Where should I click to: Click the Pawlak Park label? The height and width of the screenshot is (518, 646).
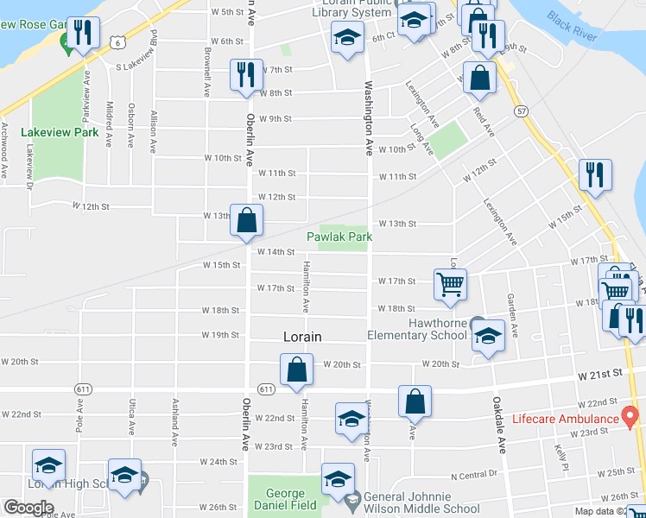point(340,236)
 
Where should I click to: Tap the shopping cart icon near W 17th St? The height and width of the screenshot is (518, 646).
point(450,284)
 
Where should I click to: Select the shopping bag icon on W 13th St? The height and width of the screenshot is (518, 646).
point(247,220)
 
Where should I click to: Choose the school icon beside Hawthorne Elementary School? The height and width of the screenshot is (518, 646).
point(488,336)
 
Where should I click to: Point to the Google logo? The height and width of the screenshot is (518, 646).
point(28,508)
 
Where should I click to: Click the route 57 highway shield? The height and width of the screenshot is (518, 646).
point(521,111)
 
